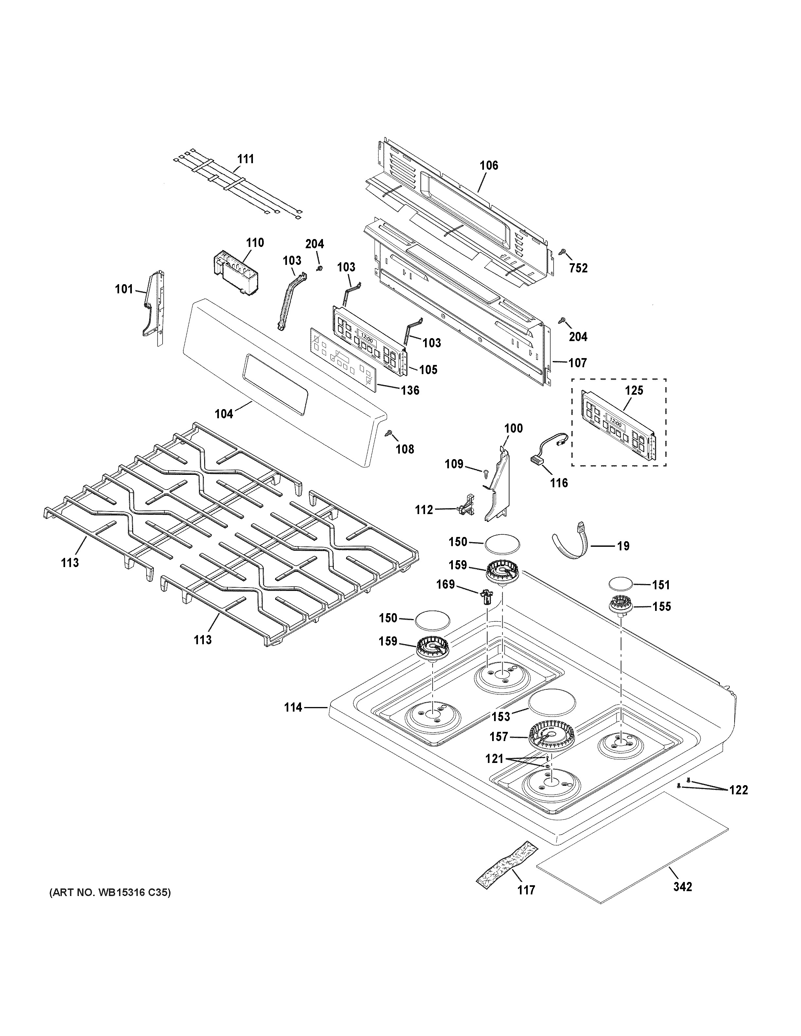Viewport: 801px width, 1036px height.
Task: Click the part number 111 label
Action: (x=245, y=159)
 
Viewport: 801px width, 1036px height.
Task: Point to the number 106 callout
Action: (x=489, y=165)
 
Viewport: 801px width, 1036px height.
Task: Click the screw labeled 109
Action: (x=486, y=473)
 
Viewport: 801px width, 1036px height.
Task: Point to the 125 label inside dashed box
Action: (x=634, y=390)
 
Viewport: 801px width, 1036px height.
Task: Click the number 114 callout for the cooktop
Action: (x=293, y=721)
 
